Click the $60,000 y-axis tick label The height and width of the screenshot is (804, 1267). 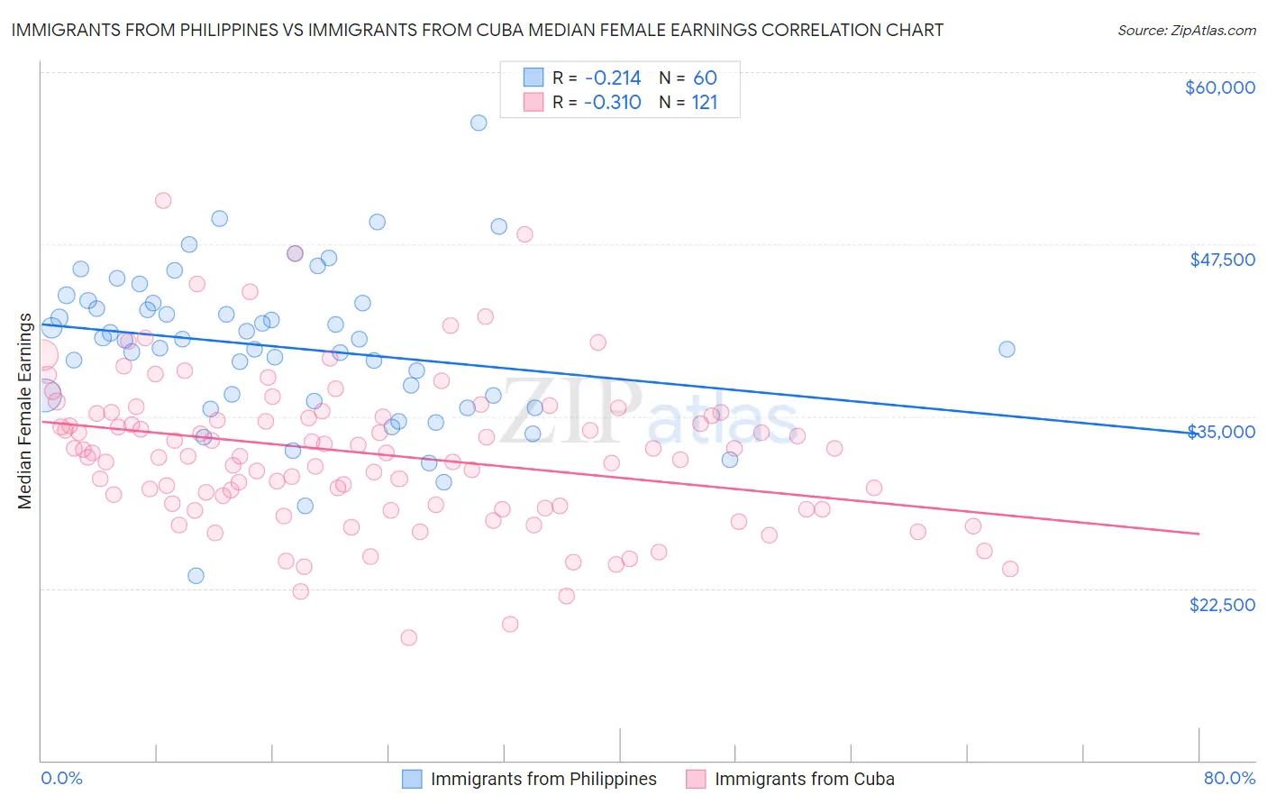(1219, 87)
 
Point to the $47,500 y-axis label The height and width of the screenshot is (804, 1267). (1222, 260)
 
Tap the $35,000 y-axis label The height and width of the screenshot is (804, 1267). (1222, 432)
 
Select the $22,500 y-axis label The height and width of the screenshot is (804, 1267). (1222, 604)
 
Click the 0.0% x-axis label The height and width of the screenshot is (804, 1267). (61, 778)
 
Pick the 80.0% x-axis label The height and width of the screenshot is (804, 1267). (1229, 778)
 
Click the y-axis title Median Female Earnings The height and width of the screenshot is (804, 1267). (25, 411)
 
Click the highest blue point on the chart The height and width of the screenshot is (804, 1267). (479, 123)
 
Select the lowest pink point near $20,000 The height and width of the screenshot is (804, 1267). (408, 637)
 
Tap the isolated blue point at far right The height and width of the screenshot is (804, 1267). (1007, 349)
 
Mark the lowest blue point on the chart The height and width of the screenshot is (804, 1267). (196, 575)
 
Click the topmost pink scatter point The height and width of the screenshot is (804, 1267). (163, 200)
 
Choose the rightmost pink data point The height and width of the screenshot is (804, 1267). (1010, 569)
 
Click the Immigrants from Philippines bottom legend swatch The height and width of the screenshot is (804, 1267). (412, 779)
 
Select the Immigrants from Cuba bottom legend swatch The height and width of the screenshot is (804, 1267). (696, 779)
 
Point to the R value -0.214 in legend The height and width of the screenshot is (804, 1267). (612, 78)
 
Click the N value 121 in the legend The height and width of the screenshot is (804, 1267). (704, 102)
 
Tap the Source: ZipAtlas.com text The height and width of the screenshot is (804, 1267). (1186, 31)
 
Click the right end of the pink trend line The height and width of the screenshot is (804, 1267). (1199, 534)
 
